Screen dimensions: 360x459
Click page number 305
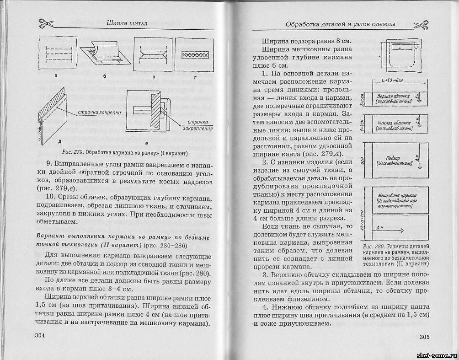[423, 337]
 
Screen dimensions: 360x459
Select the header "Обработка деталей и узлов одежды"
[340, 24]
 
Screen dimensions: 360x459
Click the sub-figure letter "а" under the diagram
[55, 77]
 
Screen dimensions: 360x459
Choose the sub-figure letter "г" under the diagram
[195, 78]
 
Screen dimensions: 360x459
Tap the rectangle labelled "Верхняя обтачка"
[394, 99]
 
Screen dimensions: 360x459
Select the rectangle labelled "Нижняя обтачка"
[394, 126]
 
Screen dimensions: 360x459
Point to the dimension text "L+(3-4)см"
[395, 81]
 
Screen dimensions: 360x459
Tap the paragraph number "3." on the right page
[265, 275]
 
